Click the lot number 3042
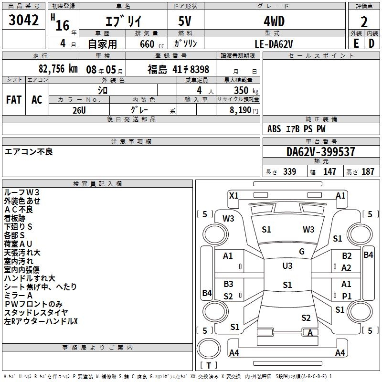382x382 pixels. pyautogui.click(x=24, y=21)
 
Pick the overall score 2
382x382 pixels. pyautogui.click(x=364, y=21)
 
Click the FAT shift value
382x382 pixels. pyautogui.click(x=14, y=99)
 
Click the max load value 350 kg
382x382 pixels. pyautogui.click(x=239, y=90)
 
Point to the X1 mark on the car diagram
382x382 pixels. pyautogui.click(x=234, y=195)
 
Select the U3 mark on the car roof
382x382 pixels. pyautogui.click(x=287, y=266)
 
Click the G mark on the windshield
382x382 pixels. pyautogui.click(x=302, y=252)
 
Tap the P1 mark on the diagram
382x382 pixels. pyautogui.click(x=347, y=296)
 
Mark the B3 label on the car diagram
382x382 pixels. pyautogui.click(x=228, y=284)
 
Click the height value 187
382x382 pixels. pyautogui.click(x=368, y=172)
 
